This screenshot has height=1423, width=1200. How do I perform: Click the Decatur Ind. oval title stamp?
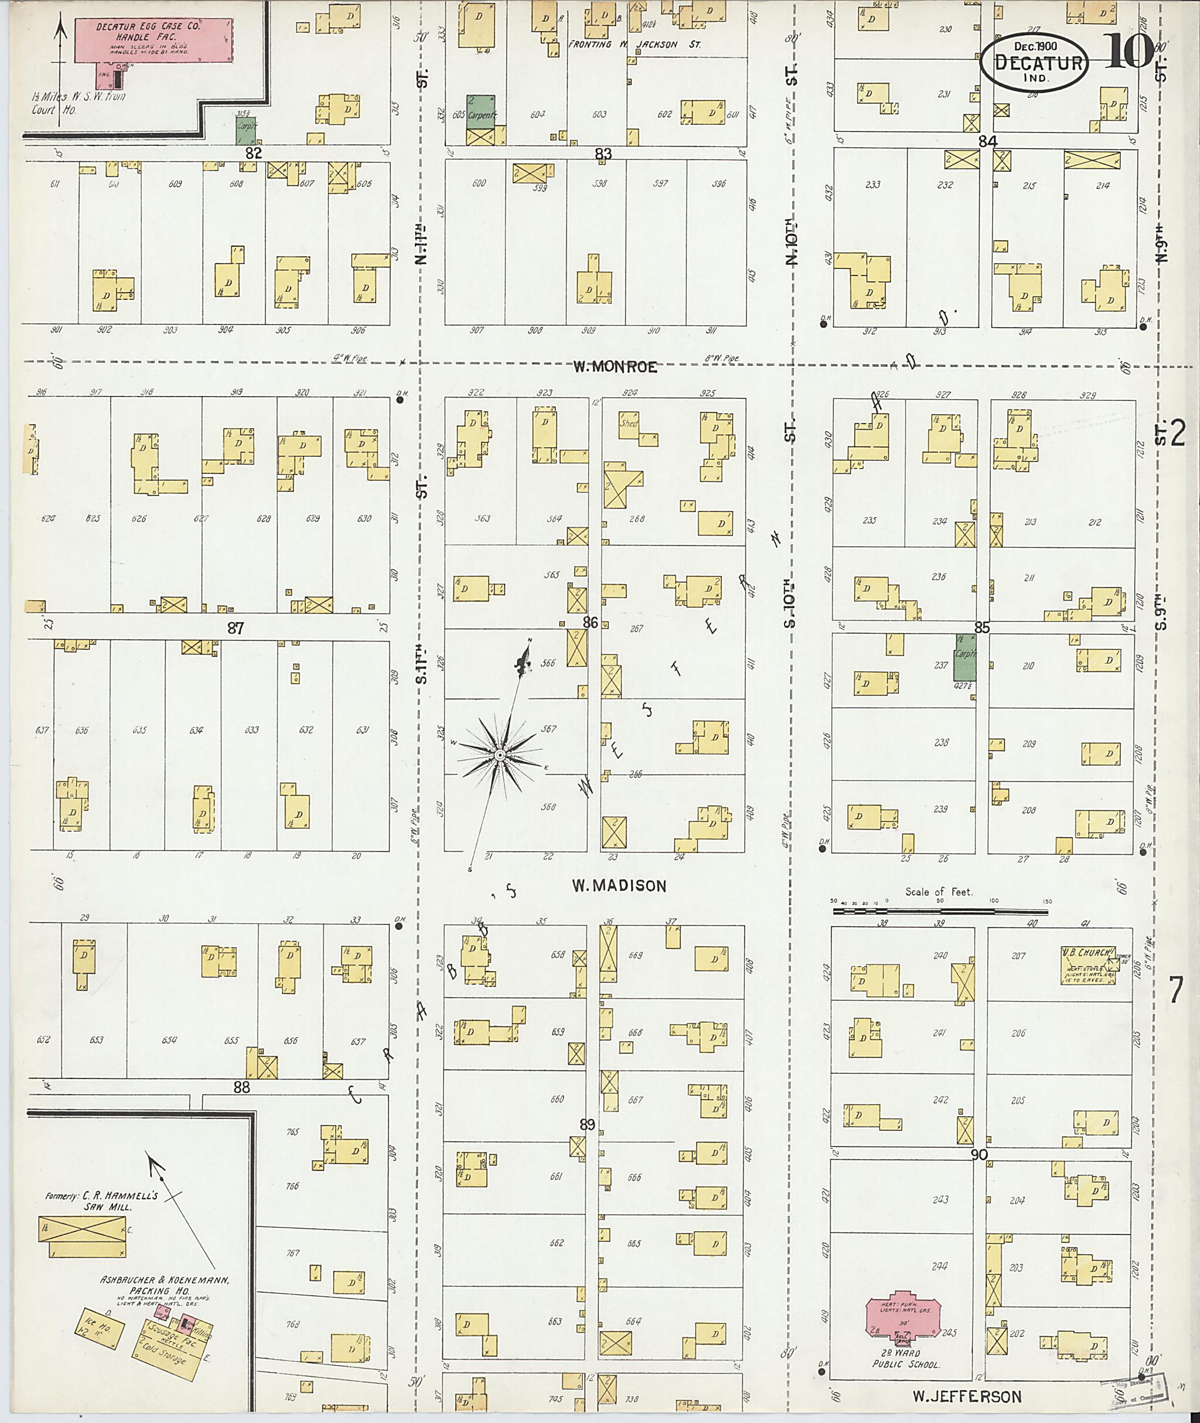(1034, 63)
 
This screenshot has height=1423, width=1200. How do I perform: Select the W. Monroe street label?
(614, 367)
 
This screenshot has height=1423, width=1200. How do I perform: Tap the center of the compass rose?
(499, 755)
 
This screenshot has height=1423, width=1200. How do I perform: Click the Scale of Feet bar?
(941, 903)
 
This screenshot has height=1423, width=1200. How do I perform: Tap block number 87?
(236, 629)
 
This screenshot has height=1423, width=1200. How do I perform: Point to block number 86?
(590, 622)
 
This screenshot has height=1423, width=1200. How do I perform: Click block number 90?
(979, 1154)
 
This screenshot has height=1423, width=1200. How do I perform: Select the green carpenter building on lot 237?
(964, 658)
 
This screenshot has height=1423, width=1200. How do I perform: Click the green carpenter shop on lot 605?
(481, 111)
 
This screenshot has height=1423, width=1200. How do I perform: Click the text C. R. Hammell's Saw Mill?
(102, 1200)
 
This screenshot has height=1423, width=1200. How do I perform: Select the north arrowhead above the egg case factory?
(61, 27)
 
